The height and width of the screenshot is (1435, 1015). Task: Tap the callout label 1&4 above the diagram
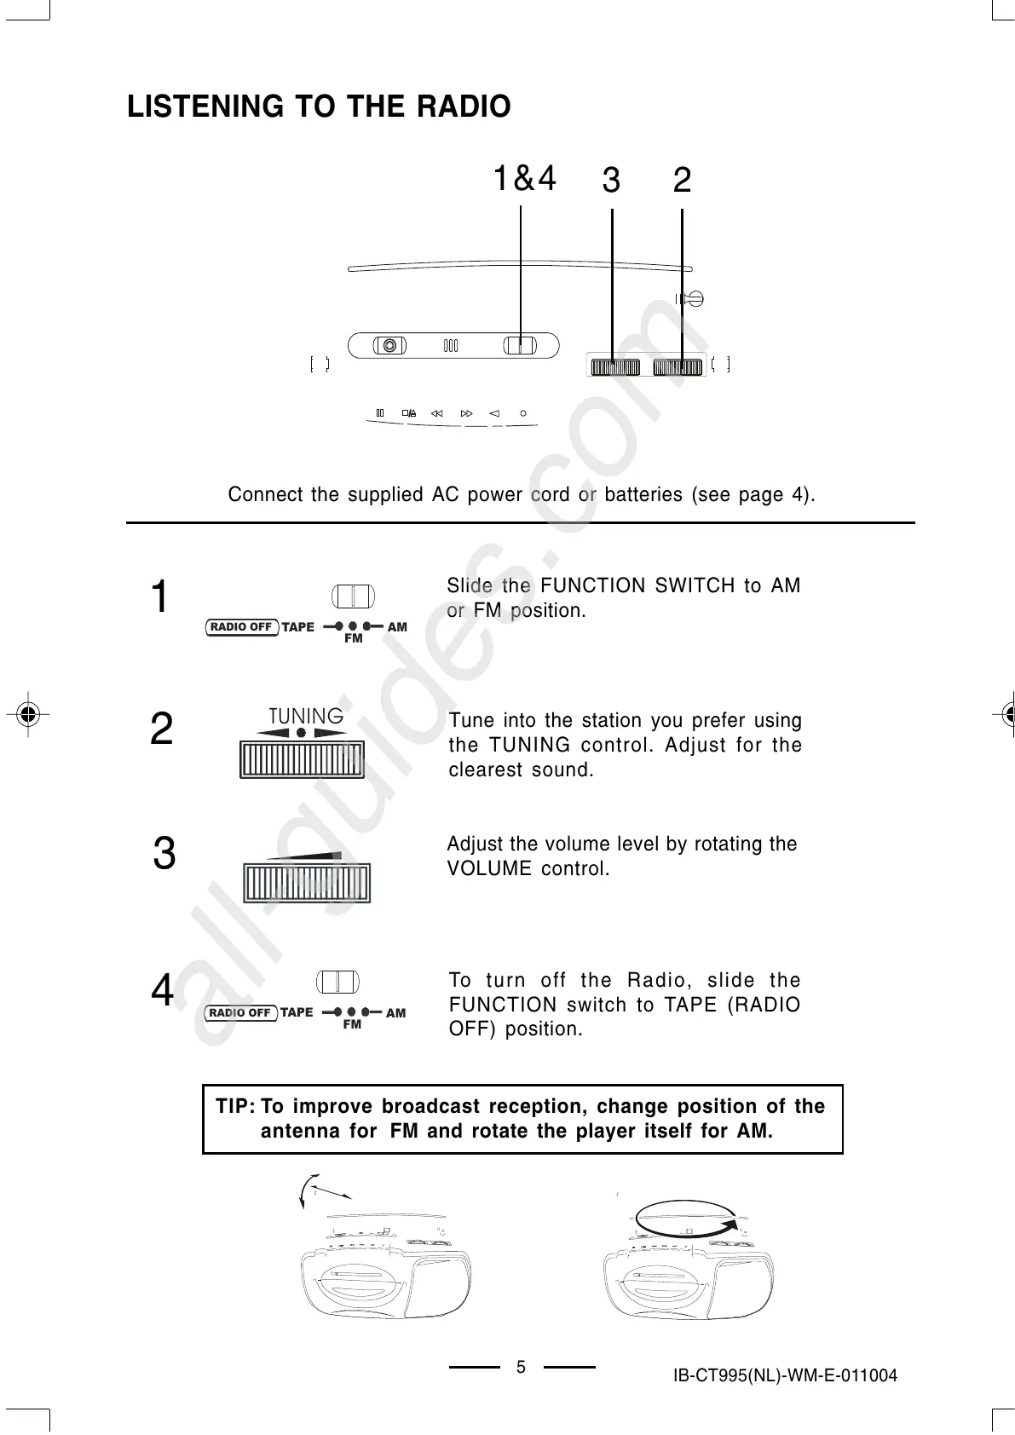(525, 179)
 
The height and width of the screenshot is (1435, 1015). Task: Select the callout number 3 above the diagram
(611, 181)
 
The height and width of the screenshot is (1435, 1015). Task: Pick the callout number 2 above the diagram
(682, 181)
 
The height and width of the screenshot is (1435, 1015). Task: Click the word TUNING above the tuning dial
(306, 716)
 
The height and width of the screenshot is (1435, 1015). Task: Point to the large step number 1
(159, 596)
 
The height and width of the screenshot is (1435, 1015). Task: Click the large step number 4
(162, 991)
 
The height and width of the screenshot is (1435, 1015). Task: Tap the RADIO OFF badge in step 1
(241, 627)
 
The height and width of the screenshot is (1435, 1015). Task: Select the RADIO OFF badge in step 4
(240, 1013)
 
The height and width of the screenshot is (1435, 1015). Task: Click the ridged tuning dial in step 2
(303, 759)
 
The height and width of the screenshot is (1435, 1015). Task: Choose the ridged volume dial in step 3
(307, 883)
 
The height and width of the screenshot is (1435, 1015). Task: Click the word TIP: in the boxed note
(235, 1107)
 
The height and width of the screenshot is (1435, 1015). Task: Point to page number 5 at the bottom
(522, 1368)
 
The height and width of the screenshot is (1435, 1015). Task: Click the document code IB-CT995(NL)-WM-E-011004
(785, 1375)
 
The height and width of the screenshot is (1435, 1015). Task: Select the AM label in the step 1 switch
(397, 627)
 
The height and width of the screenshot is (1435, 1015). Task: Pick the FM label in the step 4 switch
(352, 1025)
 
